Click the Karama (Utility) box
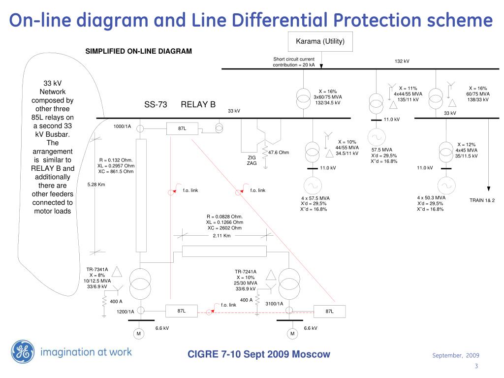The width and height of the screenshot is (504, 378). tap(320, 41)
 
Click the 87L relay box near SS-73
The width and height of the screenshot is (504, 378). tap(182, 128)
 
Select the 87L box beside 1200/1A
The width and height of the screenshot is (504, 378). tap(182, 311)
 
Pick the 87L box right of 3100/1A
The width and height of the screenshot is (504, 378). tap(330, 311)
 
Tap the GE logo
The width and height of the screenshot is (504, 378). tap(21, 352)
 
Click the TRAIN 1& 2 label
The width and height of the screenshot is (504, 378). tap(482, 200)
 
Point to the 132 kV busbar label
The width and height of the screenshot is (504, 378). tap(402, 61)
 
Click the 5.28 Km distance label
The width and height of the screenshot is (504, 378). tap(96, 185)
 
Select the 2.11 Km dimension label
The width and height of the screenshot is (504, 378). tap(221, 236)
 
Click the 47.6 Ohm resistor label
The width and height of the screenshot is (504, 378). tap(279, 152)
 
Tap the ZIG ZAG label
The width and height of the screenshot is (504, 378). tap(252, 160)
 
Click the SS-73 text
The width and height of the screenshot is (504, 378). tap(156, 105)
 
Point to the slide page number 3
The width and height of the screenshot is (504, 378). tap(476, 366)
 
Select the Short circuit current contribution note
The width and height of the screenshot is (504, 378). tap(294, 62)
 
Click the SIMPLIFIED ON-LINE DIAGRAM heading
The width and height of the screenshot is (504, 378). tap(139, 51)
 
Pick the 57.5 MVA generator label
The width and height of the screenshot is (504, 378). tap(382, 150)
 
